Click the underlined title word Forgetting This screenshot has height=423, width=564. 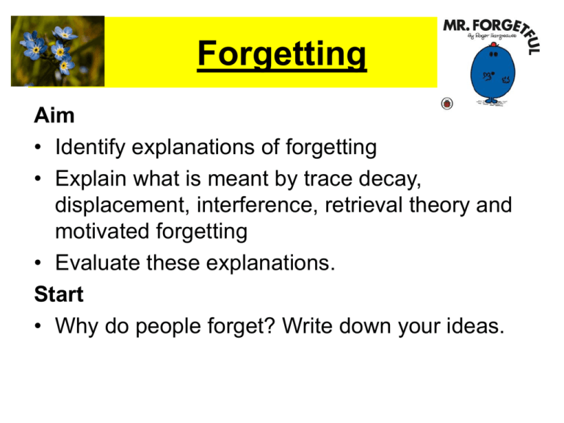pyautogui.click(x=281, y=56)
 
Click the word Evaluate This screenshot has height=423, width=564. pyautogui.click(x=95, y=265)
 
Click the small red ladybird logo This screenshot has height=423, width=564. pyautogui.click(x=446, y=103)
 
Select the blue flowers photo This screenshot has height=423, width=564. pyautogui.click(x=57, y=51)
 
